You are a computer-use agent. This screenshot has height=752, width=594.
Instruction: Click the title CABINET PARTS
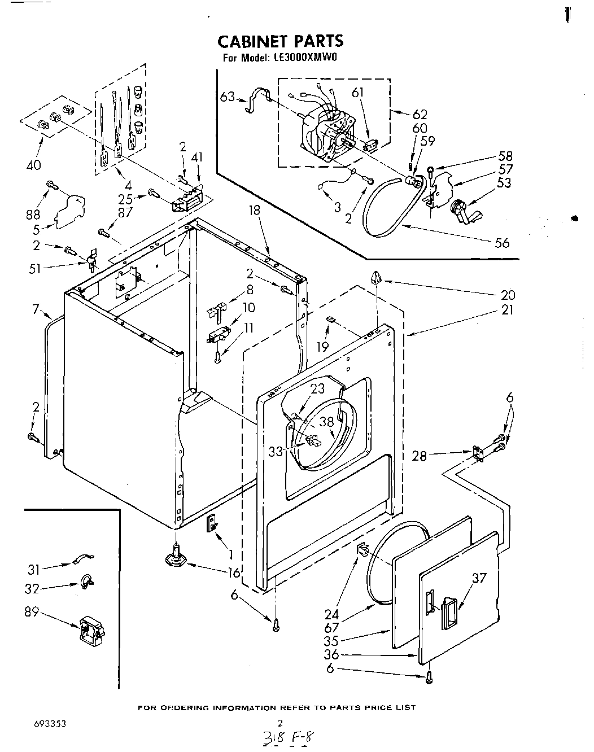[x=280, y=41]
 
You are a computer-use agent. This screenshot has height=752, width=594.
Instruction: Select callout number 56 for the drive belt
[x=501, y=243]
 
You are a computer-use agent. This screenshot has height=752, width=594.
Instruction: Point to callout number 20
[x=508, y=295]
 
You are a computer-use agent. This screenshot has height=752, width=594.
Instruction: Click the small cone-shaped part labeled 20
[x=376, y=278]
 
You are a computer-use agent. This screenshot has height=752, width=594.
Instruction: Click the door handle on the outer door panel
[x=449, y=611]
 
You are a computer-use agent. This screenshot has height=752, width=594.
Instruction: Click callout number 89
[x=32, y=611]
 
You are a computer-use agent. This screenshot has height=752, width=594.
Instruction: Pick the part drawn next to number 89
[x=90, y=631]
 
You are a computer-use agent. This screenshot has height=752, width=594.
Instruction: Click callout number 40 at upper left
[x=34, y=165]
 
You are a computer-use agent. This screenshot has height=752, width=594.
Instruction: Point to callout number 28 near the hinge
[x=420, y=455]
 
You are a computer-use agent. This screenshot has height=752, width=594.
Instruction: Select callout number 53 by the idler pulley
[x=504, y=182]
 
